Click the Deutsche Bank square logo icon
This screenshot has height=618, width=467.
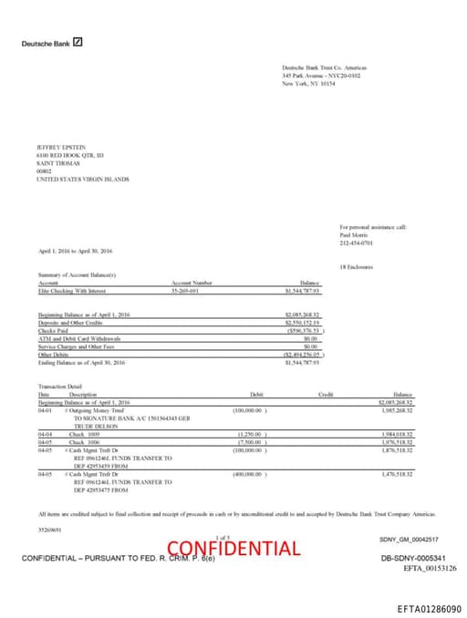[78, 42]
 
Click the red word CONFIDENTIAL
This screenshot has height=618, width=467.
[233, 548]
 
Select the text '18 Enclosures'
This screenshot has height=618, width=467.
[354, 266]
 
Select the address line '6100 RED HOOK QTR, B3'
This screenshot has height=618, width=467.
[64, 156]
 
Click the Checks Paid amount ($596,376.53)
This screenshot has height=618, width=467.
[304, 331]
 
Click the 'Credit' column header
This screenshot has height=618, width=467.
[324, 394]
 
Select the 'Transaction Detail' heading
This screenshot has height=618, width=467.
[60, 386]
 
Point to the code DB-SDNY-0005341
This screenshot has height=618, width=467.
[412, 557]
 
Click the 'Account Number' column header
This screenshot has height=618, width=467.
[191, 283]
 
